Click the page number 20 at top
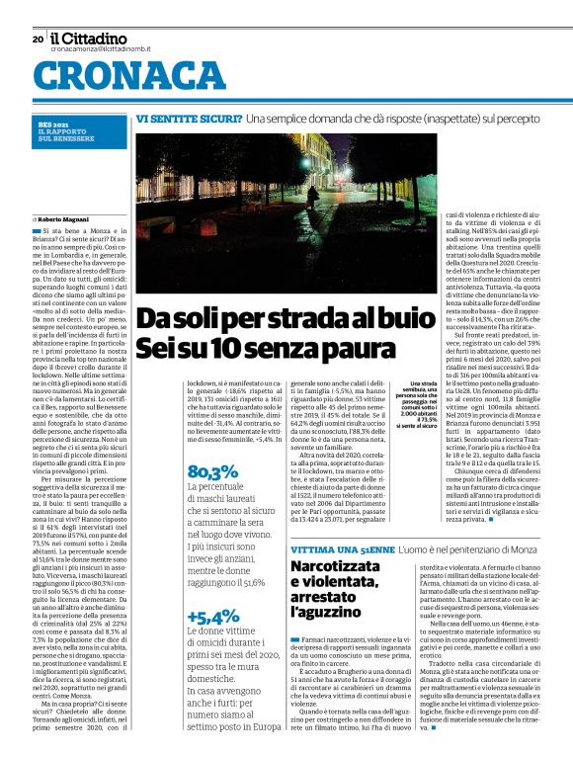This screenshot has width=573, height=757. [x=38, y=40]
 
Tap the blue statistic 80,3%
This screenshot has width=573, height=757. [x=212, y=472]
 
